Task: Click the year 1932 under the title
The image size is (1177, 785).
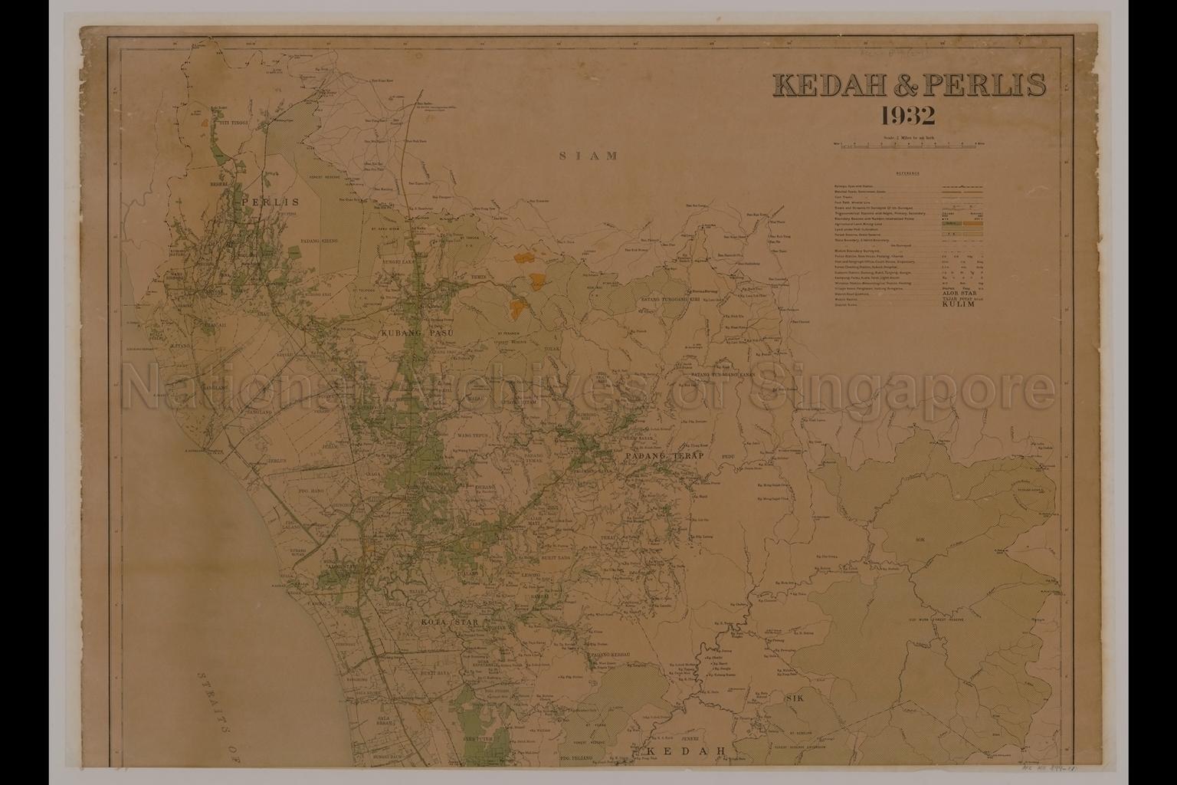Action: pos(908,117)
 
